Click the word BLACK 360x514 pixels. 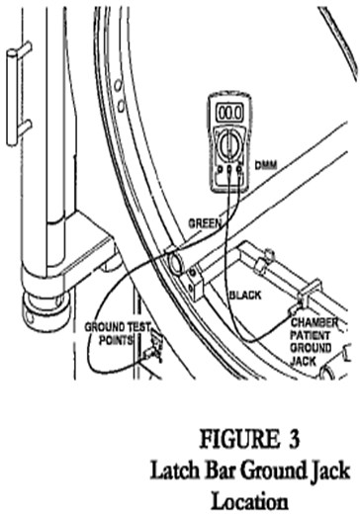[244, 296]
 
